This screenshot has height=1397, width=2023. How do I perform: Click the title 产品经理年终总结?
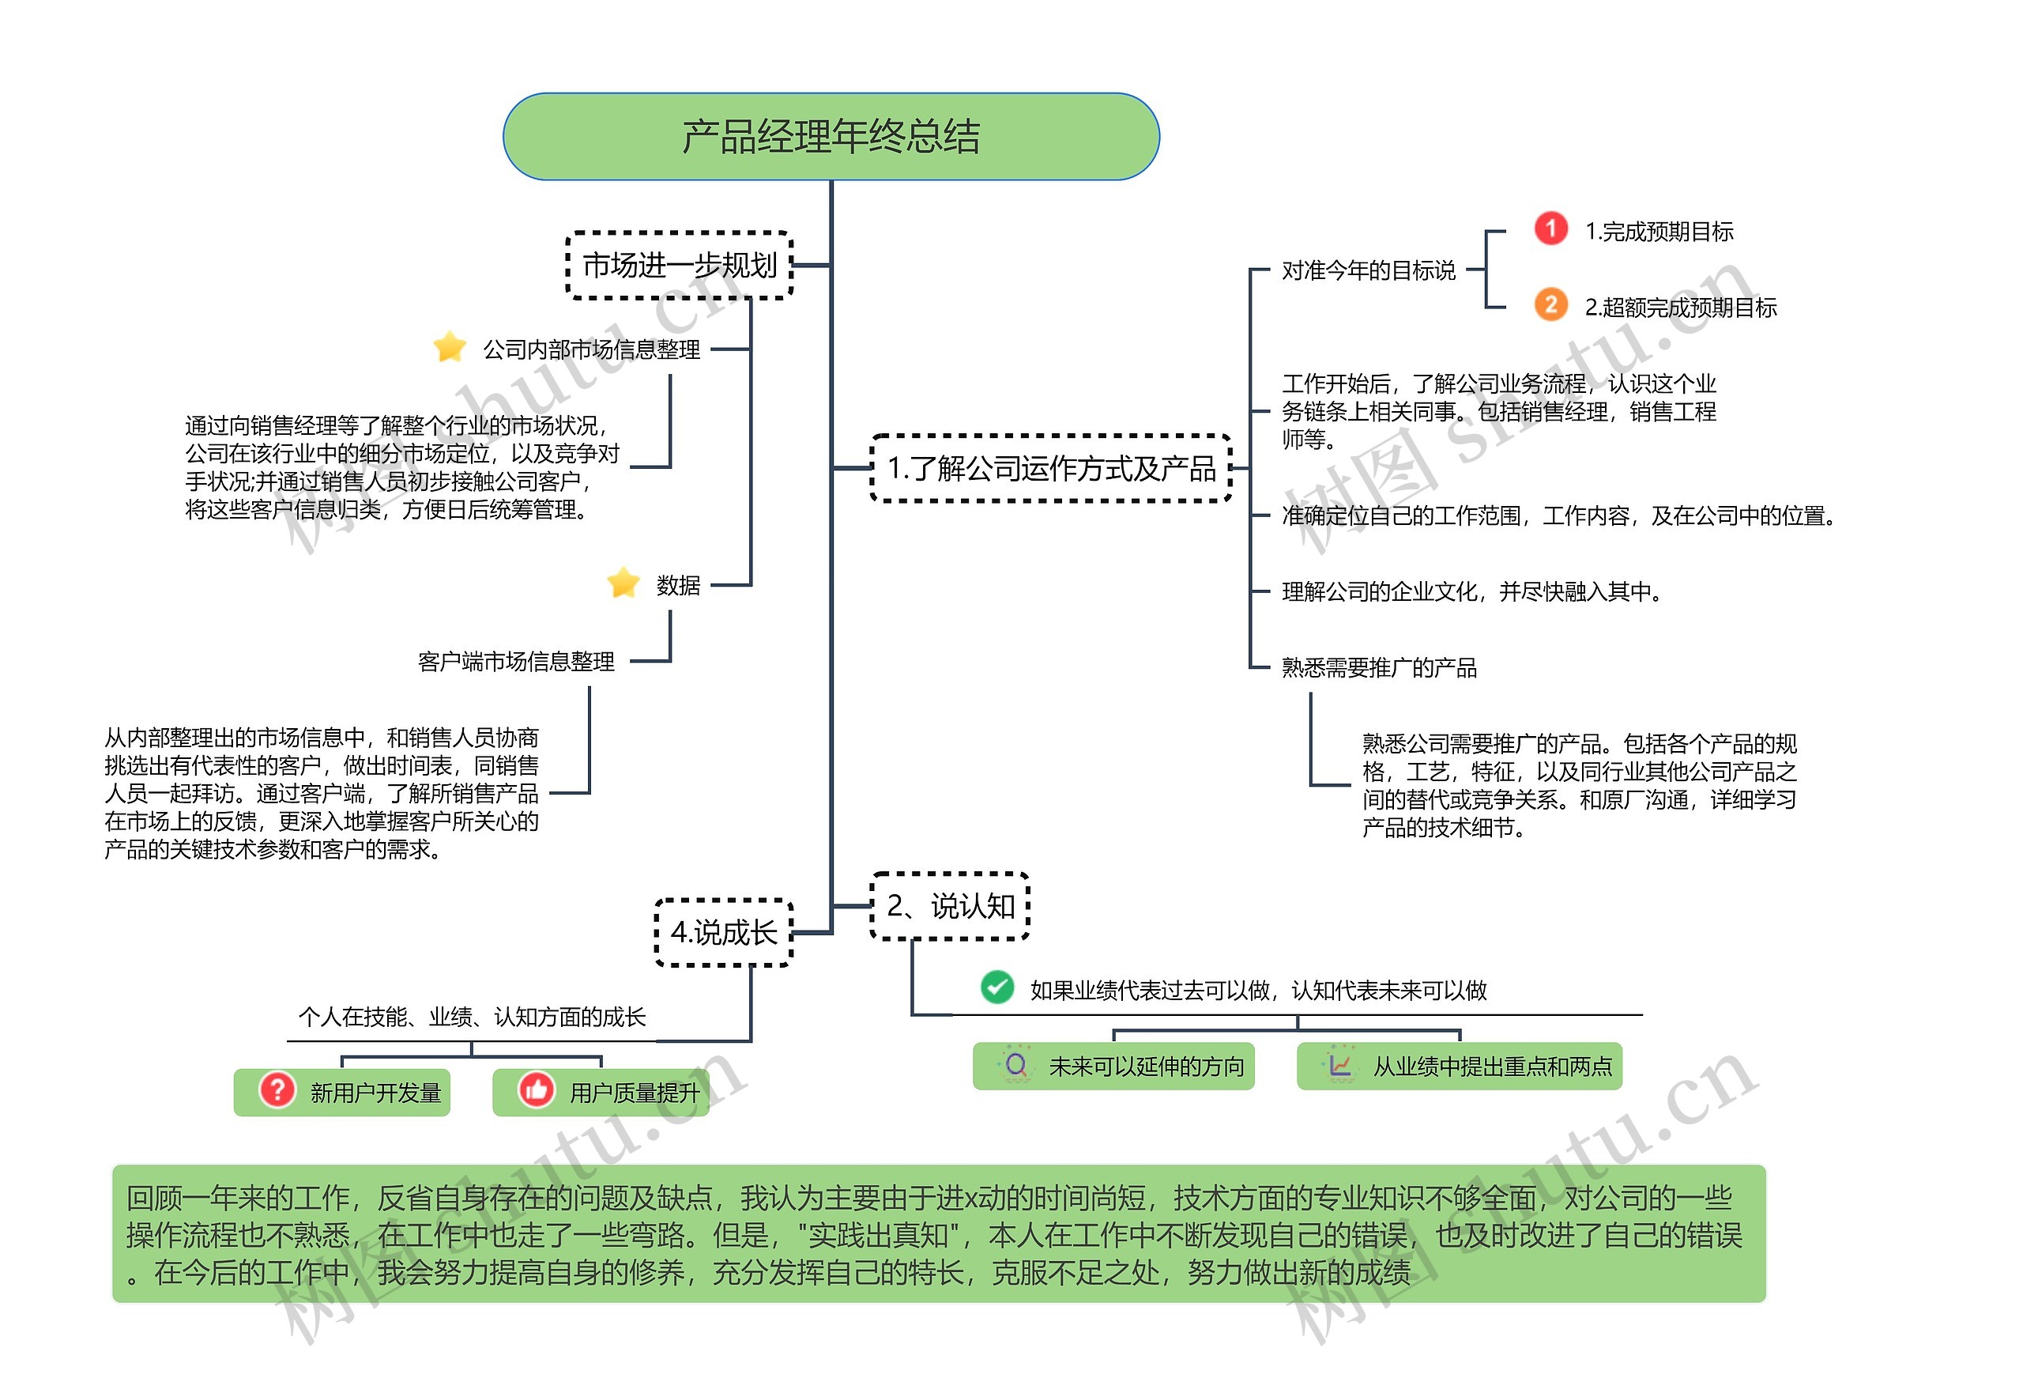point(831,137)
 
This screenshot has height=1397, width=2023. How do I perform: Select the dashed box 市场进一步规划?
point(679,265)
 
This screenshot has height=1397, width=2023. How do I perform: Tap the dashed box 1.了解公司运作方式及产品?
point(1051,468)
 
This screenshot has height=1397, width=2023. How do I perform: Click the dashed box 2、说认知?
point(949,906)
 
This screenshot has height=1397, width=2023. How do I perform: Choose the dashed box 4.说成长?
point(723,932)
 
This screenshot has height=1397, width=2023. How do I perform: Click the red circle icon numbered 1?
point(1550,229)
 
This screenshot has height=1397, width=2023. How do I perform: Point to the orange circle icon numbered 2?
point(1550,305)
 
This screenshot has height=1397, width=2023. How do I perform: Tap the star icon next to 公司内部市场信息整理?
point(449,348)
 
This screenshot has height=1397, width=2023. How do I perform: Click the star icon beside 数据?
point(623,583)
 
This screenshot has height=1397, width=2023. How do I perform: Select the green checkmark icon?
point(996,987)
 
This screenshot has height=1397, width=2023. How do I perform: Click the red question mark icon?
point(277,1091)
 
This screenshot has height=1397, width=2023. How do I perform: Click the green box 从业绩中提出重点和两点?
point(1459,1066)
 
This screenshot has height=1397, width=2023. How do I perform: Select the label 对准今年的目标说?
point(1368,270)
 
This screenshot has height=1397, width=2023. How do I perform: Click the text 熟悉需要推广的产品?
point(1378,668)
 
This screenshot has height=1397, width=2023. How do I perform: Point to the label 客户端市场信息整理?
point(515,662)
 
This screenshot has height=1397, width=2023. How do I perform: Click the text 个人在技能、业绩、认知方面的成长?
point(472,1017)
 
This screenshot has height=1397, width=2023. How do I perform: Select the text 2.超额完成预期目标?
point(1680,308)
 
